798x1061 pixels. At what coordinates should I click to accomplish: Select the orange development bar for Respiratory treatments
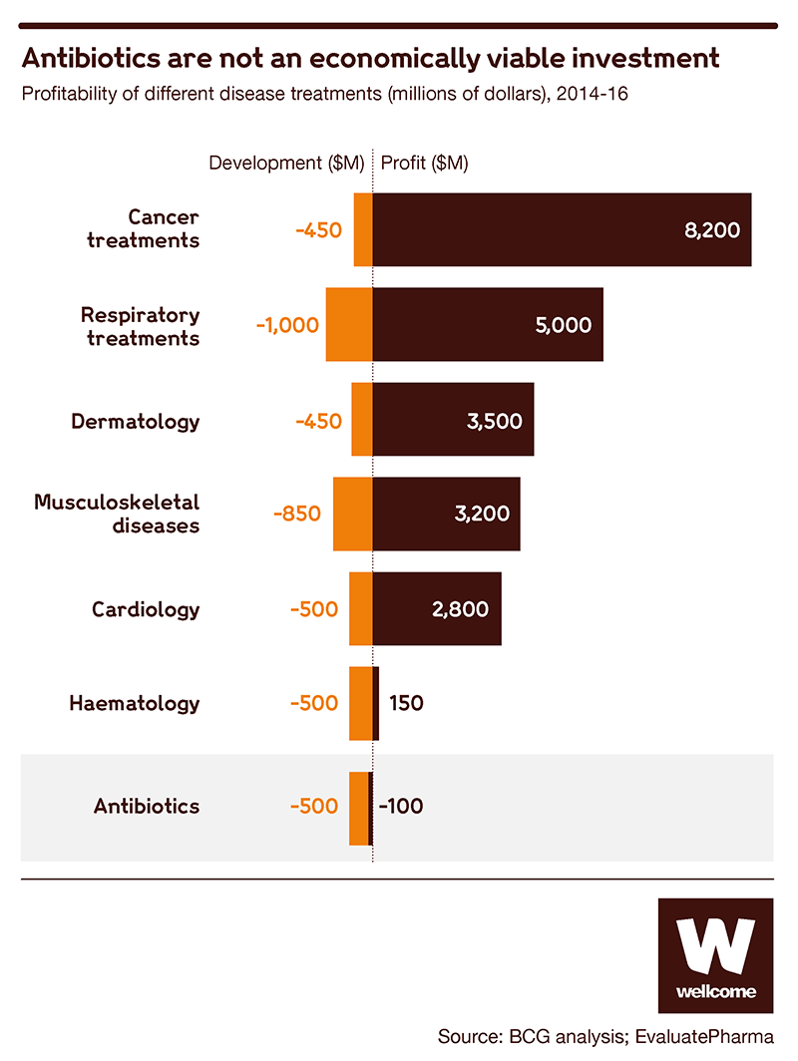point(349,325)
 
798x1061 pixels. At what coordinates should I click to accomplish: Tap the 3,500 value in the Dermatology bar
point(494,420)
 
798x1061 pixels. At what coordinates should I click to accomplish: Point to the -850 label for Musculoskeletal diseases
point(297,515)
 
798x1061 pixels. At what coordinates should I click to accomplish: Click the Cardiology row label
point(146,609)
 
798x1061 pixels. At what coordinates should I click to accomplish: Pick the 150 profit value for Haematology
point(406,703)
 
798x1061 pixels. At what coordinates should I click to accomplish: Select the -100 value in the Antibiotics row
point(401,807)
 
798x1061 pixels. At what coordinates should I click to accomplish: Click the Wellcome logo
point(715,955)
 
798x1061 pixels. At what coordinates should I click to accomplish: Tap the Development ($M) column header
point(285,164)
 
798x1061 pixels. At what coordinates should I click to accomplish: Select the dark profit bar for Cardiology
point(437,609)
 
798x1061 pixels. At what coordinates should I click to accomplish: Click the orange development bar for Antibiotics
point(359,808)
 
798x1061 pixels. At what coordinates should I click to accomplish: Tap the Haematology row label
point(135,703)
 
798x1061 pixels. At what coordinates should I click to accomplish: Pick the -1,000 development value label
point(287,325)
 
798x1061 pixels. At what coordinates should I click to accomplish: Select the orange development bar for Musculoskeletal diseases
point(352,515)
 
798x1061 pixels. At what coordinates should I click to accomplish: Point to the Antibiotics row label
point(147,806)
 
